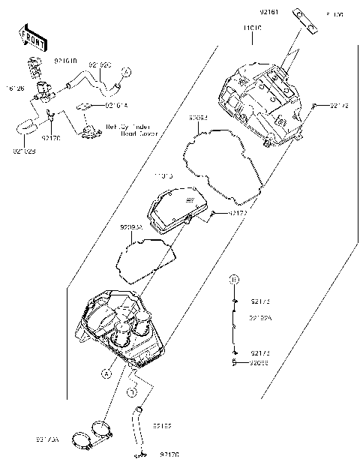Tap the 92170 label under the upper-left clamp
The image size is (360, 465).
point(50,138)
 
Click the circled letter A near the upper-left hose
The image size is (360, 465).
point(126,71)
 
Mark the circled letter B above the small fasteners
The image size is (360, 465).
point(234,279)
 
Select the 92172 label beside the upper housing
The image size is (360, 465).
point(339,107)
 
